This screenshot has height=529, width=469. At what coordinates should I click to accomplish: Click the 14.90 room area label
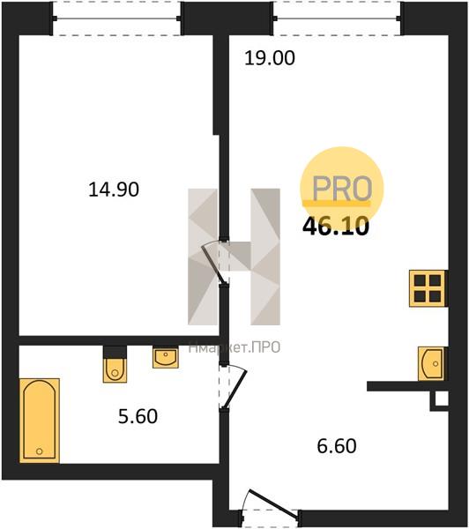114,190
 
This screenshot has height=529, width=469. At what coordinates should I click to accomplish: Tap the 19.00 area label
269,58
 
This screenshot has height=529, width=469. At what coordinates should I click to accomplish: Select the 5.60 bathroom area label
138,416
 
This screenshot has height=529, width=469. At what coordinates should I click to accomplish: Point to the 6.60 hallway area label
337,445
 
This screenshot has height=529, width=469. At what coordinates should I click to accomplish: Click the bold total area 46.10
335,226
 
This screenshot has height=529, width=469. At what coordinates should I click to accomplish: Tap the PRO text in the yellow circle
342,189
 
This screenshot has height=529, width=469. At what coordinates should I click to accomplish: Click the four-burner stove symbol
428,288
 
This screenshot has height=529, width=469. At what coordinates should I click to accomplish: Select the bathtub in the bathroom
40,421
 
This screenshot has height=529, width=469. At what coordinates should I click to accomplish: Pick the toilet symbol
115,364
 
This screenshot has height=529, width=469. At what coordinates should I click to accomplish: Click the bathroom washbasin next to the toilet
166,357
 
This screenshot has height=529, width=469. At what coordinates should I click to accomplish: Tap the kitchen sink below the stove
432,363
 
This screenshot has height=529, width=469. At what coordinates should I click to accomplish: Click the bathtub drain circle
40,451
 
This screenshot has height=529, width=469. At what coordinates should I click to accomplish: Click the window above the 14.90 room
117,19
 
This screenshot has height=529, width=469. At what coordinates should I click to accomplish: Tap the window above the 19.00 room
337,19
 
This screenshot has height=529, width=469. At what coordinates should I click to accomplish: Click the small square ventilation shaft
440,401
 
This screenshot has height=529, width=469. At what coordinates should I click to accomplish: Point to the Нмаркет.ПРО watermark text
234,347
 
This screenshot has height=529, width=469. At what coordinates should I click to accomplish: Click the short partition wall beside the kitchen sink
407,386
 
